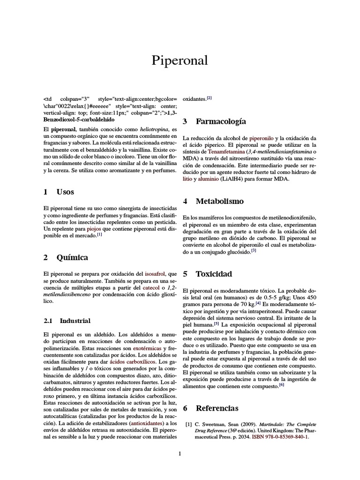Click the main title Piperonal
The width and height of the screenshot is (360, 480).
coord(180,60)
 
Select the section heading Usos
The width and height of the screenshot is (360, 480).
coord(65,192)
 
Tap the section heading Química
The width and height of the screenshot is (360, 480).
coord(72,257)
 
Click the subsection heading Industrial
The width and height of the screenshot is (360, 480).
coord(75,321)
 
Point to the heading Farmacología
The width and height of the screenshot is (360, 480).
coord(220,121)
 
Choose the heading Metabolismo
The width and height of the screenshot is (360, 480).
coord(219,201)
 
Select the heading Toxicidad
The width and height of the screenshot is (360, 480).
coord(213,274)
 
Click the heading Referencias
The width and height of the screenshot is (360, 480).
coord(217,408)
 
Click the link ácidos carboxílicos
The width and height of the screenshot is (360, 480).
coord(133,362)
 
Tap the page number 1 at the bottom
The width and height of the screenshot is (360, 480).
coord(180,453)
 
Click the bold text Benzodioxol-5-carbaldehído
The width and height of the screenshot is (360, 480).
coord(78,120)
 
